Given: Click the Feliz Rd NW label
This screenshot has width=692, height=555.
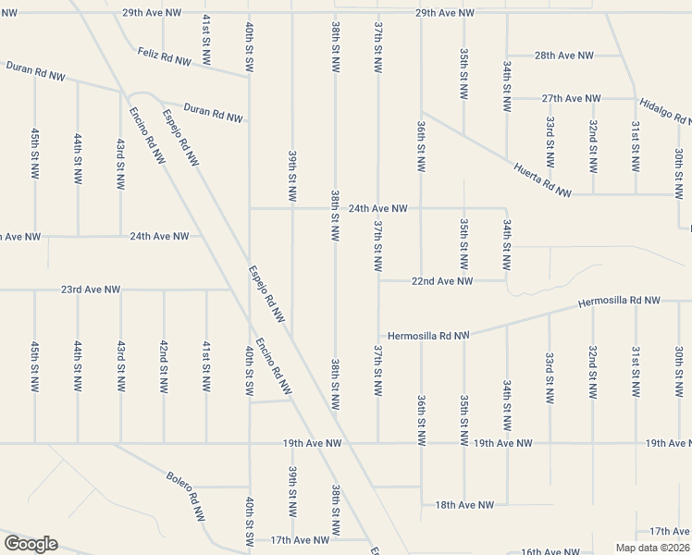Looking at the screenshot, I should pyautogui.click(x=164, y=56).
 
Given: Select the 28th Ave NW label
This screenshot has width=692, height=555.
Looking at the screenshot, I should pyautogui.click(x=564, y=55).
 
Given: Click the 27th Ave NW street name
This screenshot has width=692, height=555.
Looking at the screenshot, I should pyautogui.click(x=572, y=98).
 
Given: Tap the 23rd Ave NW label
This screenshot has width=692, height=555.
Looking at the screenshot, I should pyautogui.click(x=91, y=290).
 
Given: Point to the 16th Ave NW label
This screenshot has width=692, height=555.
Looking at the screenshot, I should pyautogui.click(x=550, y=551).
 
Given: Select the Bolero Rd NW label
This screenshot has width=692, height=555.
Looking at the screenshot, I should pyautogui.click(x=186, y=497).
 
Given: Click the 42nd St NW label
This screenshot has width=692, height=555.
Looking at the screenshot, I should pyautogui.click(x=164, y=368).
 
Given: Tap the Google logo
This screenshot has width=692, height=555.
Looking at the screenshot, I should pyautogui.click(x=31, y=544).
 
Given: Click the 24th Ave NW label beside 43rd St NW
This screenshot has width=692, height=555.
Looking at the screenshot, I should pyautogui.click(x=159, y=236).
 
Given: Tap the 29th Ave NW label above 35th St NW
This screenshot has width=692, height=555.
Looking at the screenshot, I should pyautogui.click(x=444, y=13).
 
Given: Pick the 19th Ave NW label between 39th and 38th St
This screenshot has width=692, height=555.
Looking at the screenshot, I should pyautogui.click(x=313, y=444).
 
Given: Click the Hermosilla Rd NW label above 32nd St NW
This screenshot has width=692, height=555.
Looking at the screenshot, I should pyautogui.click(x=619, y=302).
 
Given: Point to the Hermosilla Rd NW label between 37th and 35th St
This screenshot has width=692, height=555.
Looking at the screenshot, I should pyautogui.click(x=429, y=336).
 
